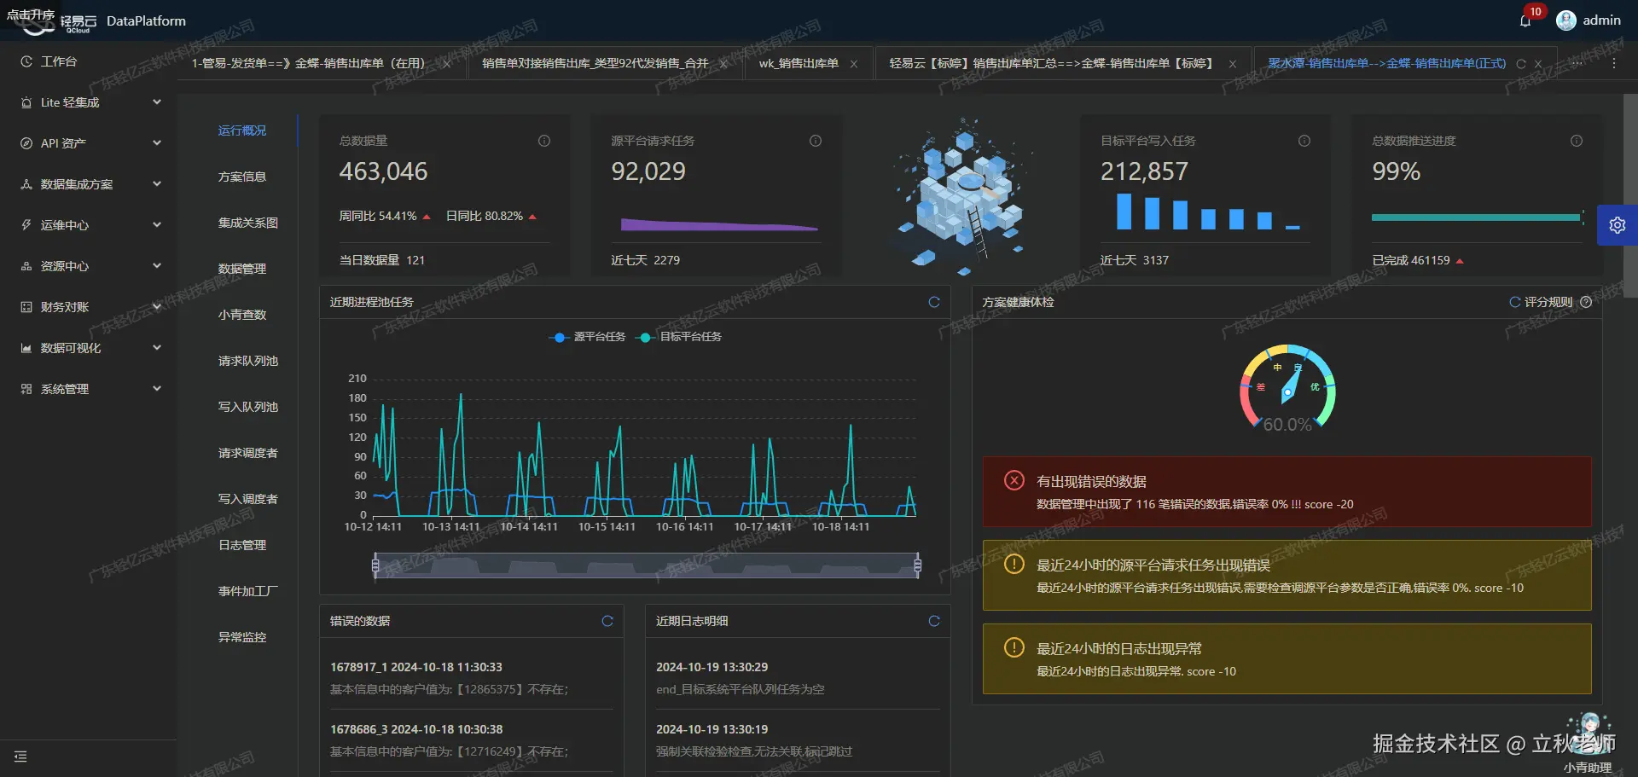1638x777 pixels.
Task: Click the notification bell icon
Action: pos(1525,20)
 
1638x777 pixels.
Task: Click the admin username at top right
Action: pos(1601,20)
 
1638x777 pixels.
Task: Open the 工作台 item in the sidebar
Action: pos(59,61)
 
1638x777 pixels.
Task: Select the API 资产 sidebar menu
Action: pos(64,143)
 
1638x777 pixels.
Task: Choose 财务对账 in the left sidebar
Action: pos(65,307)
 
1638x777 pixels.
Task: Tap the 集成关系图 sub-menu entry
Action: pos(247,223)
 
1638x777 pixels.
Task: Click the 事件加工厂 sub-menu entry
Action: pos(247,591)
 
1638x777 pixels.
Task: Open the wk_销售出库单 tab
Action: pos(799,63)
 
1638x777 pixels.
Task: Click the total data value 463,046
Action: pos(383,171)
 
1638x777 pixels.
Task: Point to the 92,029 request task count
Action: pos(648,171)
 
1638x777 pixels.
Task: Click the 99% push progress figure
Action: pos(1396,171)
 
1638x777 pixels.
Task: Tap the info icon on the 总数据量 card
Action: pos(544,141)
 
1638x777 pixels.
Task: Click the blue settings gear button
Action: pos(1617,225)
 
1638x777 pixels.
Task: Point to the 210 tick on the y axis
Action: pos(357,378)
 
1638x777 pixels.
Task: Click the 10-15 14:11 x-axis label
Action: pos(607,527)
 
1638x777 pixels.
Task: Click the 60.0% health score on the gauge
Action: pos(1287,424)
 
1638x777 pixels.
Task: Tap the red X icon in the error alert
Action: pos(1014,480)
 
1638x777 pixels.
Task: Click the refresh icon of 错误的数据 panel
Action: pos(607,621)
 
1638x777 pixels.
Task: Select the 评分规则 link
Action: pos(1548,302)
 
